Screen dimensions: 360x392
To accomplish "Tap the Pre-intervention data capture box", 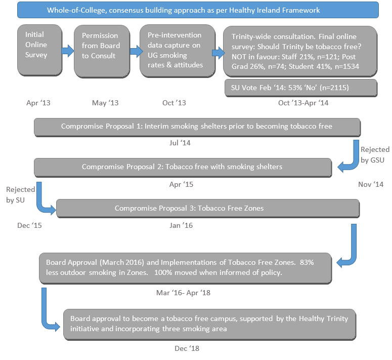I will tap(175, 51).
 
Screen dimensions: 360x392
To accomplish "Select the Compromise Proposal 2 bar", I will tap(182, 167).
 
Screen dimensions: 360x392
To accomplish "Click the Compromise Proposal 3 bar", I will tap(207, 208).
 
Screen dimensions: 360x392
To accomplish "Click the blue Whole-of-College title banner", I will tap(198, 10).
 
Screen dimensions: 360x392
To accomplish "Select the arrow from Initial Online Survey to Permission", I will tap(67, 51).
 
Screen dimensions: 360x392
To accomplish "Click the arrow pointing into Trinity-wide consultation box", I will tap(218, 52).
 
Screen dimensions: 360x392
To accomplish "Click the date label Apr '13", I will tap(38, 103).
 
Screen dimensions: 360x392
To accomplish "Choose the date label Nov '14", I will tap(371, 184).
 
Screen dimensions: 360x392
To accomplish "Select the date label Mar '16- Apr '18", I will tap(183, 292).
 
